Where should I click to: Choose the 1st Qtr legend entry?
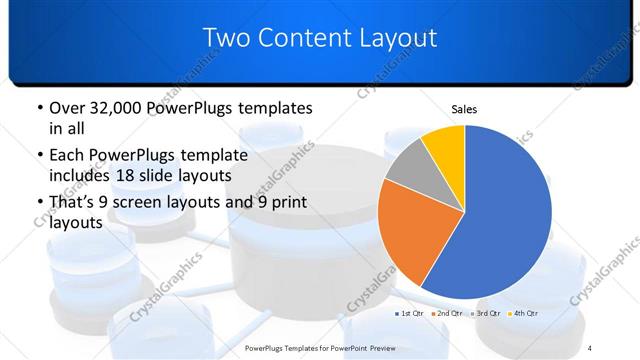pos(411,314)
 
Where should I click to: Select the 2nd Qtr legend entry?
pos(448,314)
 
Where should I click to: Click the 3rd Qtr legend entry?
pos(486,314)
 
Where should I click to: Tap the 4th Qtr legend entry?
pos(524,314)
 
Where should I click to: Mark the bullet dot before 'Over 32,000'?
pos(38,108)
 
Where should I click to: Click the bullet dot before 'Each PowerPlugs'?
pos(38,155)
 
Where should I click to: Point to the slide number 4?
pos(590,346)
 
